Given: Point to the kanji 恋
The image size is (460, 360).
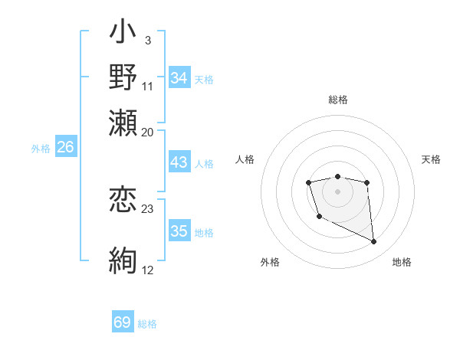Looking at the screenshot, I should click(123, 201).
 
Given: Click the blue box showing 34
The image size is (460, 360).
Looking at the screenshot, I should click(179, 78).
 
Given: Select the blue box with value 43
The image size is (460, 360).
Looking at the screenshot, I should click(179, 163).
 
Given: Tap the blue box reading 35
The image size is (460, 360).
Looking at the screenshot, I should click(179, 232).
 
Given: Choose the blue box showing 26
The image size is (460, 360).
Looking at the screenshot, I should click(66, 148).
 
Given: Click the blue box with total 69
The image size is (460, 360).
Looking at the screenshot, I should click(123, 322).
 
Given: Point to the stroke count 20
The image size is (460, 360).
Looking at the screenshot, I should click(148, 133).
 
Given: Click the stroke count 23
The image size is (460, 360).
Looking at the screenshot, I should click(148, 208).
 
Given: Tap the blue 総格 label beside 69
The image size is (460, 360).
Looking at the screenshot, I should click(147, 324).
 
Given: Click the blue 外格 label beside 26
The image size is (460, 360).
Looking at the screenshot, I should click(41, 149).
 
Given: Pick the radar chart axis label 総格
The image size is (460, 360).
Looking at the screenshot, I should click(337, 100).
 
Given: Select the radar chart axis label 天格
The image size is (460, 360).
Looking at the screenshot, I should click(431, 159).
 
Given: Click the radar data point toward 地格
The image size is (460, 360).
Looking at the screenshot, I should click(374, 242).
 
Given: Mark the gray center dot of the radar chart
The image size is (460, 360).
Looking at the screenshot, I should click(337, 191).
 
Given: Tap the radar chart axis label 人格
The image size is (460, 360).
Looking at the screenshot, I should click(245, 159).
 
